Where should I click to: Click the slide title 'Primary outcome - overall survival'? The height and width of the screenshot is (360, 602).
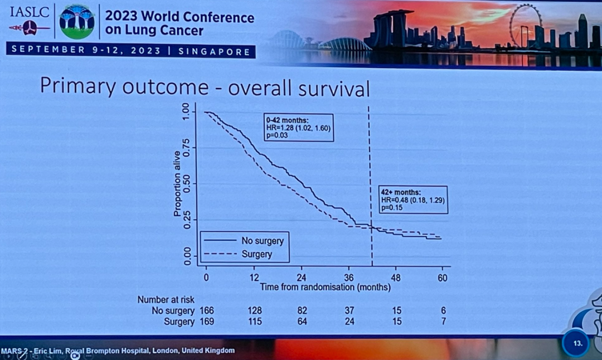tap(205, 87)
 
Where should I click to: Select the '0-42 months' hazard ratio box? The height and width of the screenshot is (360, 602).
tap(298, 128)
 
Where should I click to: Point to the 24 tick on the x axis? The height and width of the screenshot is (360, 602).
tap(302, 278)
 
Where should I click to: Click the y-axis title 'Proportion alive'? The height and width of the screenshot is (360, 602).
tap(177, 183)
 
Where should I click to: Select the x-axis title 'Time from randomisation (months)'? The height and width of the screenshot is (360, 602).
tap(325, 288)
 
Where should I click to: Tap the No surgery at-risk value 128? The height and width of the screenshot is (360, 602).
tap(254, 310)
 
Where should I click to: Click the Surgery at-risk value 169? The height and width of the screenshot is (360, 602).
tap(206, 322)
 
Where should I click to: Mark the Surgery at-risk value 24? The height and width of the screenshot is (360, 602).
tap(349, 322)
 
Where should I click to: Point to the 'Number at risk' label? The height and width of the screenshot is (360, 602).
tap(166, 299)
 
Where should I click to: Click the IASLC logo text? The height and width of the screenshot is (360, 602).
tap(29, 11)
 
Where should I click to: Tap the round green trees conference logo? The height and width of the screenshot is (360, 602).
tap(77, 22)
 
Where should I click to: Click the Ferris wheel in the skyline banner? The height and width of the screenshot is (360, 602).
tap(525, 25)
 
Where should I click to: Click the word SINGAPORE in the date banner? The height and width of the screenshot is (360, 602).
tap(214, 51)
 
